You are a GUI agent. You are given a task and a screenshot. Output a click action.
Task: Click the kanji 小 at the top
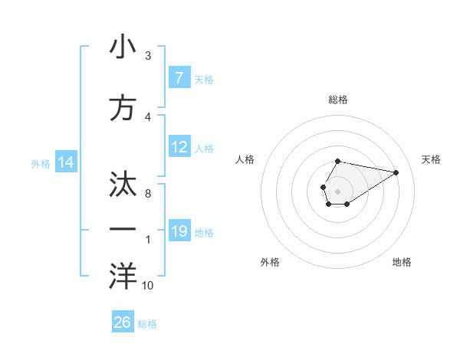click(x=123, y=47)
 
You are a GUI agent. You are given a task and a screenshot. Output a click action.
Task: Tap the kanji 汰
click(x=123, y=185)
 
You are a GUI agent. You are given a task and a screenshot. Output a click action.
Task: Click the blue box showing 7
click(x=179, y=78)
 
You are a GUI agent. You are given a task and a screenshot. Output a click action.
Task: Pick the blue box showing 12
click(x=179, y=147)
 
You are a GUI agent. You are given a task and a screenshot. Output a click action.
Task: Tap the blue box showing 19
click(x=179, y=231)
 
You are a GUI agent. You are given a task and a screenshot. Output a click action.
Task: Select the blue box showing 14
click(x=65, y=162)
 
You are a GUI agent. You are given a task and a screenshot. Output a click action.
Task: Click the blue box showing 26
click(x=123, y=322)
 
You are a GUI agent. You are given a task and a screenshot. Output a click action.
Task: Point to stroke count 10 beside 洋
click(x=147, y=286)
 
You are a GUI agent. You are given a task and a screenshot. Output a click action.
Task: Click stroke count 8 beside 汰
click(x=147, y=195)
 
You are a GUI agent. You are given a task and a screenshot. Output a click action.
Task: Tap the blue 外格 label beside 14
click(x=41, y=163)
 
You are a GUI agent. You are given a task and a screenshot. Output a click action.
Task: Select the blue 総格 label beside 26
click(x=147, y=324)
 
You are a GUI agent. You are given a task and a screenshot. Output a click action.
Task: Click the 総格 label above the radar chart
click(x=338, y=100)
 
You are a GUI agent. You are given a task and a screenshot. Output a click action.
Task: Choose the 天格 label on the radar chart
click(x=431, y=159)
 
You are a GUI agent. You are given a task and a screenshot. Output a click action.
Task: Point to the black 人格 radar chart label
click(x=245, y=159)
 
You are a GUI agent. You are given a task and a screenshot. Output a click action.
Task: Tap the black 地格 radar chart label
click(x=402, y=262)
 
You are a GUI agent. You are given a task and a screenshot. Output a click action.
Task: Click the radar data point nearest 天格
click(x=396, y=172)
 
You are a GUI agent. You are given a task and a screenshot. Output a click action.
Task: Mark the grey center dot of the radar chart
click(x=338, y=191)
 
